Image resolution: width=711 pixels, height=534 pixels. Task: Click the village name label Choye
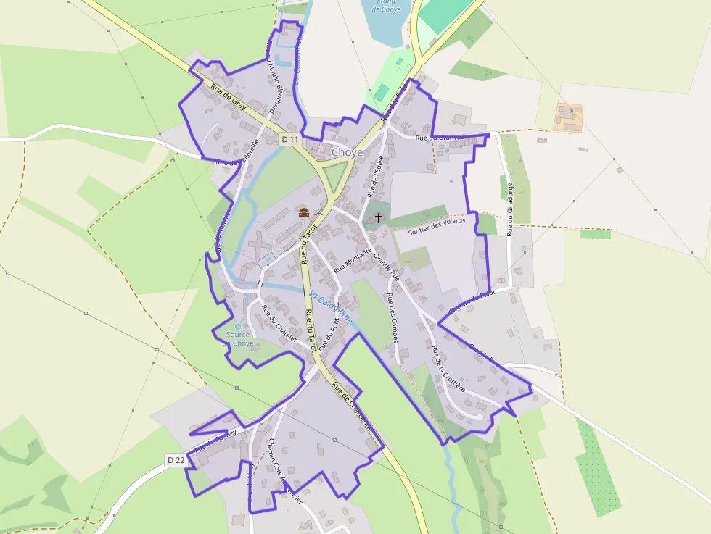point(346,153)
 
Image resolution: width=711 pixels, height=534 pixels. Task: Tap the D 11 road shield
point(290,138)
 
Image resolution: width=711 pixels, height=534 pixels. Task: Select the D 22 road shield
point(176,459)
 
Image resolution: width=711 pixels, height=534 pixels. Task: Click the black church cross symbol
point(378,217)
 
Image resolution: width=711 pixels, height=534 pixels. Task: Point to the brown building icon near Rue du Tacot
point(305,212)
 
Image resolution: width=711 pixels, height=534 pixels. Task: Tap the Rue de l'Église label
point(374,177)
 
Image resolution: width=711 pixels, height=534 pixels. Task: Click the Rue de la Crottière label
point(448,369)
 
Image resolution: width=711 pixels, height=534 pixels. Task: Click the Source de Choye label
point(239,339)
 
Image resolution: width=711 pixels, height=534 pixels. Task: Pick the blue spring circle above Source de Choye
point(237,327)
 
